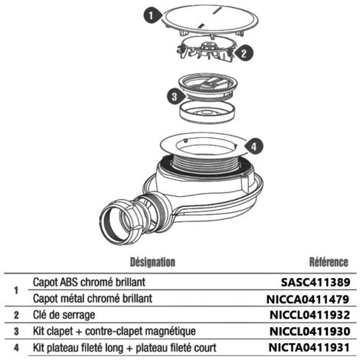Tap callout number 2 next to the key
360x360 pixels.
[244, 54]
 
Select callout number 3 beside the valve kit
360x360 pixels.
[175, 97]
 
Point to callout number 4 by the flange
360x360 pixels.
[254, 146]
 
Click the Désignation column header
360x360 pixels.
[152, 262]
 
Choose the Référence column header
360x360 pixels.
[329, 262]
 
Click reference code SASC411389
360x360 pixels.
[316, 283]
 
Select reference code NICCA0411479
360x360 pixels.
[308, 299]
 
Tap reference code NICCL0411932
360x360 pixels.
[309, 315]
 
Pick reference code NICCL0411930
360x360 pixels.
[309, 332]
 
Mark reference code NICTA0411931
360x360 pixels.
[309, 348]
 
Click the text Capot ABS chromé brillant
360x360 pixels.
[89, 283]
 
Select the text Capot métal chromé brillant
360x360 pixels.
[93, 299]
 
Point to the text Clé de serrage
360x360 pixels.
[64, 316]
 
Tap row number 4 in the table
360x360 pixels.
[16, 348]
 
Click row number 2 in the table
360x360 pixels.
[16, 316]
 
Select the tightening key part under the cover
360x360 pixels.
[206, 49]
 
